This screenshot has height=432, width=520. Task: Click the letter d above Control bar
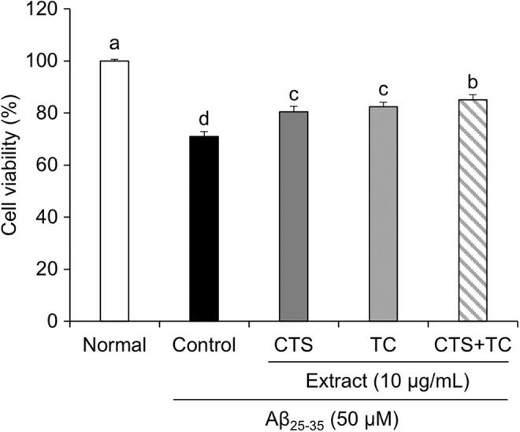pos(203,120)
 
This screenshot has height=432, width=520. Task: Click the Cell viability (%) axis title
pos(12,166)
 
